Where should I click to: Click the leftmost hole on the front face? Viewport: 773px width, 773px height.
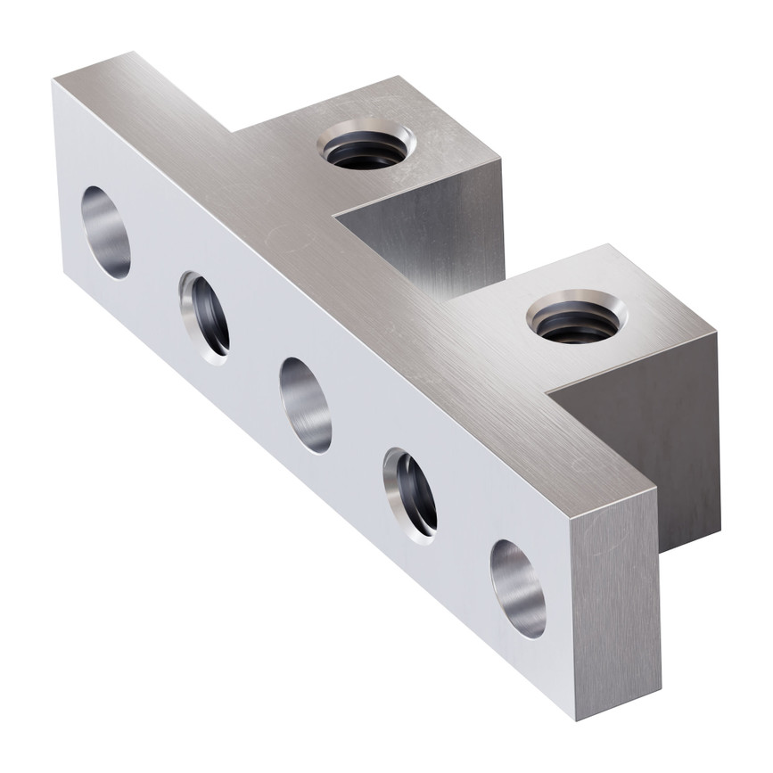106,232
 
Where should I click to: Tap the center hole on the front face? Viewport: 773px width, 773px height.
306,404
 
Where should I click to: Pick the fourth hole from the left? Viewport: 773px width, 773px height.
410,494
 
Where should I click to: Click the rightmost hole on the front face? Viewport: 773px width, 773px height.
518,588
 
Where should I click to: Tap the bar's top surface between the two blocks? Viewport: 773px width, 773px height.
392,276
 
